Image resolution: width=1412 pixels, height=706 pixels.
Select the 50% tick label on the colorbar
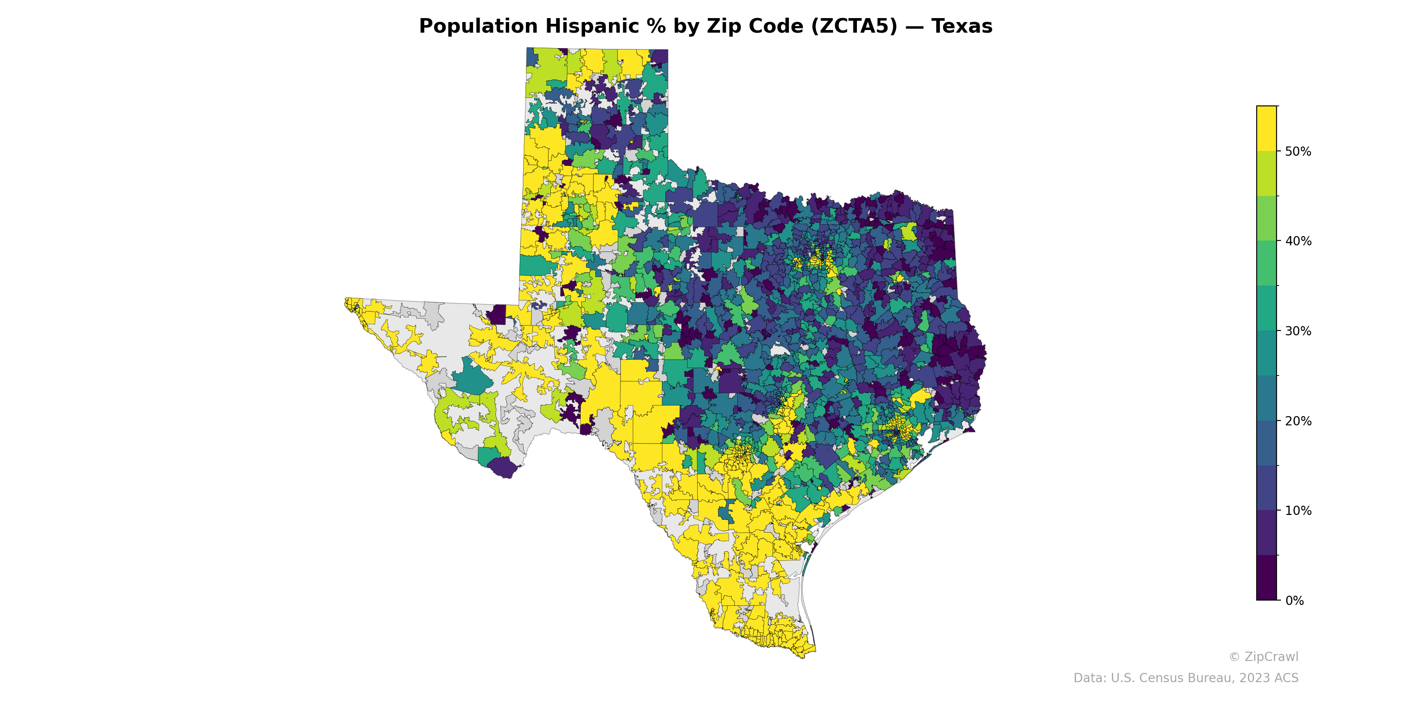click(x=1298, y=151)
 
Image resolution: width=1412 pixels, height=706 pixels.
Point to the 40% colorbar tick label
click(x=1298, y=241)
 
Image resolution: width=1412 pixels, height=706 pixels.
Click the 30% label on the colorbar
click(x=1298, y=331)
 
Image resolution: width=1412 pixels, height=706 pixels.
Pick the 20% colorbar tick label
click(x=1298, y=421)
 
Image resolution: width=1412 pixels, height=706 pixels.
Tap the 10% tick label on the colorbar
click(x=1298, y=511)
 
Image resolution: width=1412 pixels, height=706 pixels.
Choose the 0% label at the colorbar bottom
click(x=1294, y=601)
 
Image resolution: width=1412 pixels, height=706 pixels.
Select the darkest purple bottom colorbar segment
click(x=1266, y=578)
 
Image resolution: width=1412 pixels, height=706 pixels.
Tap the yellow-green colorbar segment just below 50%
click(x=1266, y=173)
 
